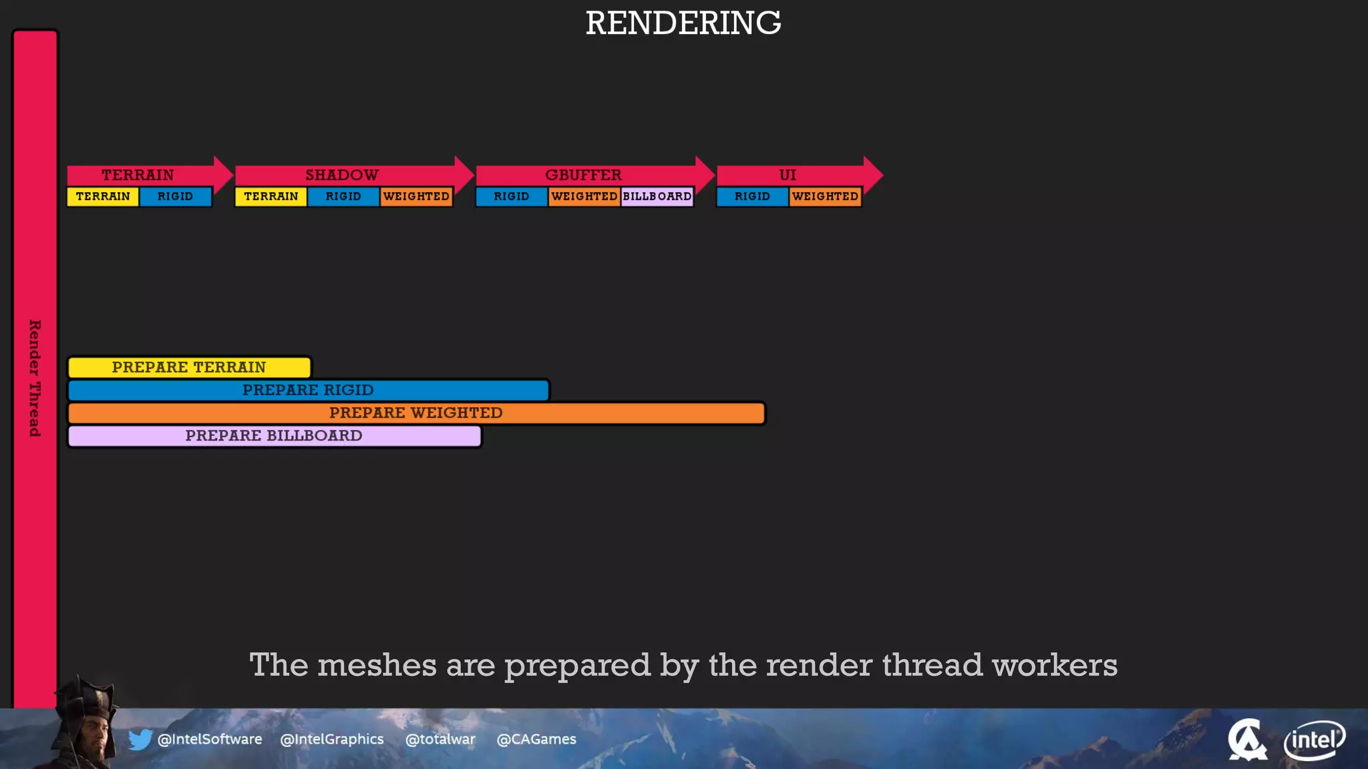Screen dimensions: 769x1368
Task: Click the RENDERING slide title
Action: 683,23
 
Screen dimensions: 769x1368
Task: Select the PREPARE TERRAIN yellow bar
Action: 189,367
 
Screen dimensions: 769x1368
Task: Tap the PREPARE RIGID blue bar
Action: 308,390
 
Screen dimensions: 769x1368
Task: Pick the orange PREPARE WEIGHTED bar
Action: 415,413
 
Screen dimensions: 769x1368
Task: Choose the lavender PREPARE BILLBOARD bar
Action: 274,436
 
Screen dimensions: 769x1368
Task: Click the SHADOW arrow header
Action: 342,175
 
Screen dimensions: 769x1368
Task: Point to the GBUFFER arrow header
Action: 583,175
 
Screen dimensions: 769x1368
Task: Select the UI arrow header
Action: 788,175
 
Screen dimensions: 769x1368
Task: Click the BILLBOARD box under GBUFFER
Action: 657,197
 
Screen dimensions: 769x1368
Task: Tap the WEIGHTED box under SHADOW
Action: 416,197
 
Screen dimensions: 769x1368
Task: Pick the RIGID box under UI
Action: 752,197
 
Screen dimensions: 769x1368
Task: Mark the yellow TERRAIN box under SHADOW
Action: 271,197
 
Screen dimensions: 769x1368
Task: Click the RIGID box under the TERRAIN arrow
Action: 175,197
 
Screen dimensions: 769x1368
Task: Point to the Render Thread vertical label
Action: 35,378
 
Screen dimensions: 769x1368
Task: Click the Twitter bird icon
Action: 140,740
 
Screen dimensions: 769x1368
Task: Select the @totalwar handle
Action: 440,740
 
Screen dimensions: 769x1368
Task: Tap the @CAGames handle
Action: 536,740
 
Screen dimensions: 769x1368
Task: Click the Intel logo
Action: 1314,740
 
